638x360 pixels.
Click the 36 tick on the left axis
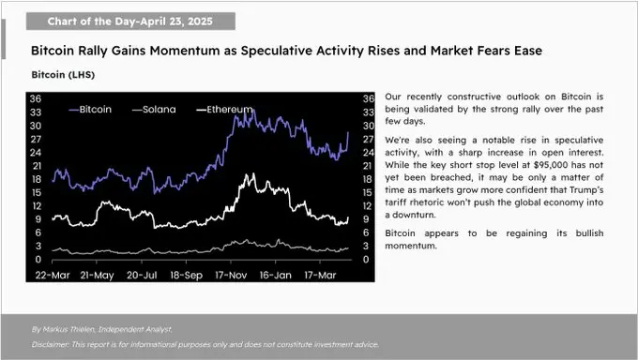point(35,97)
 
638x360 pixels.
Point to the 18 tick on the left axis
point(35,178)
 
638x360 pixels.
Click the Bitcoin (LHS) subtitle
point(63,73)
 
